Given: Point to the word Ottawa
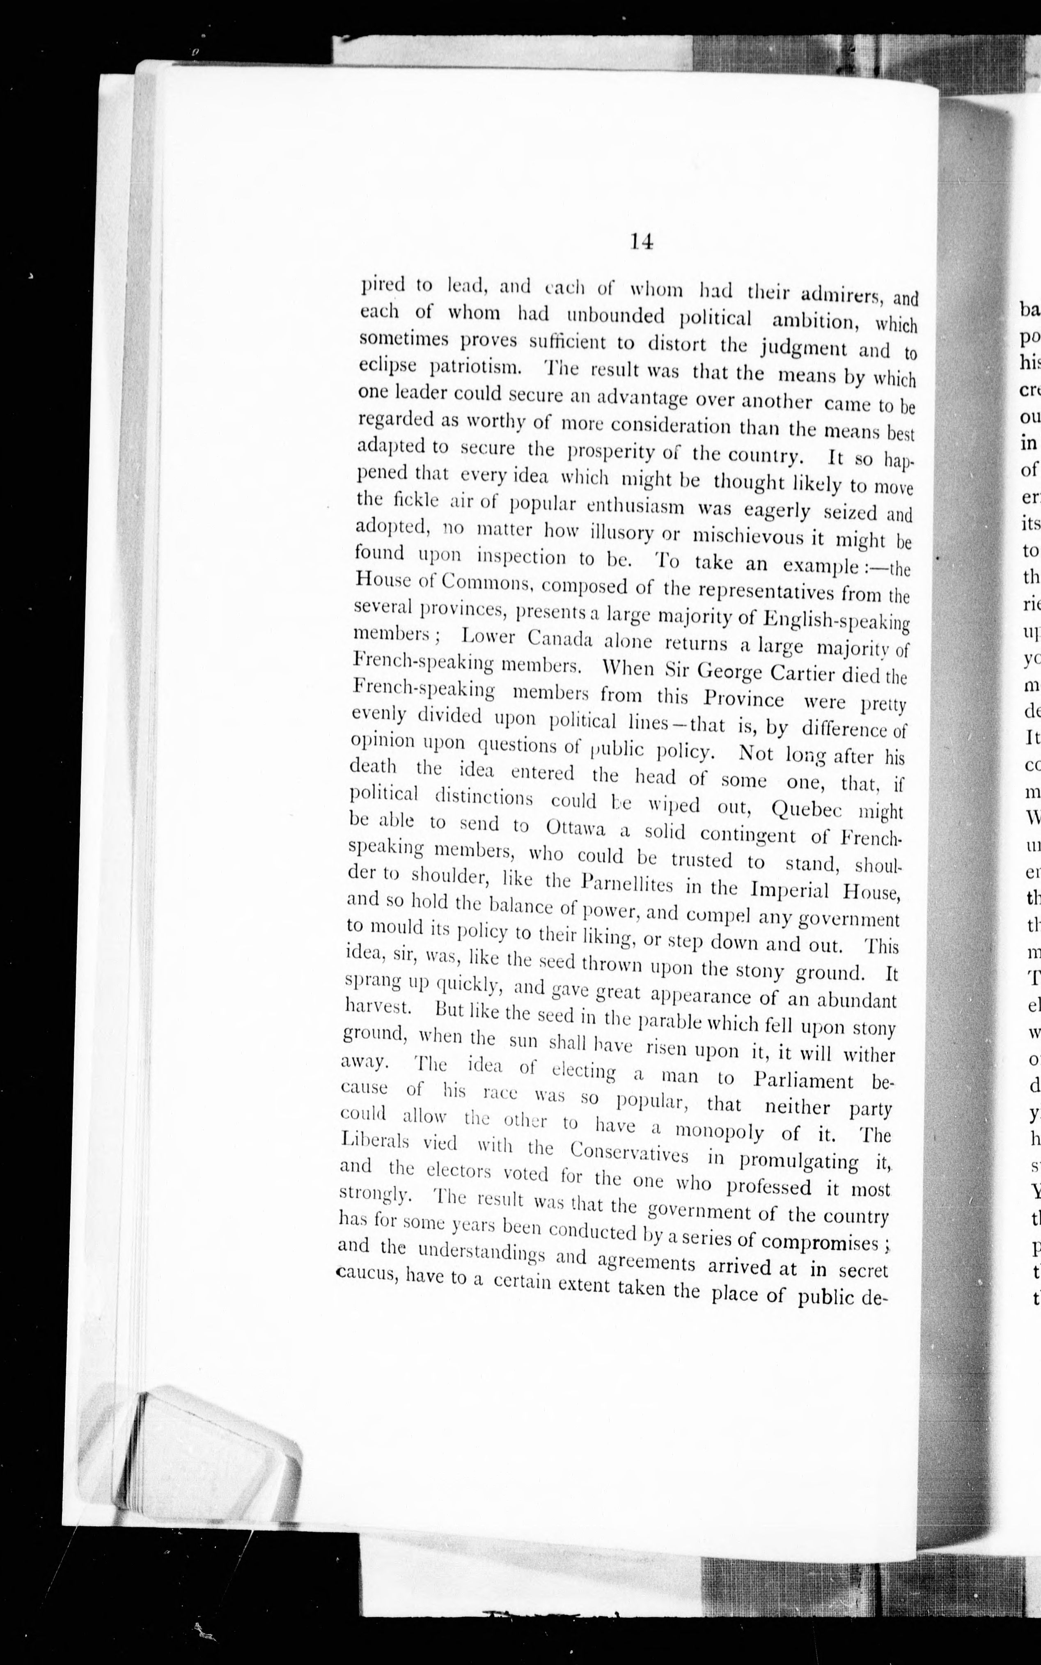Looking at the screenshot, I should tap(574, 827).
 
